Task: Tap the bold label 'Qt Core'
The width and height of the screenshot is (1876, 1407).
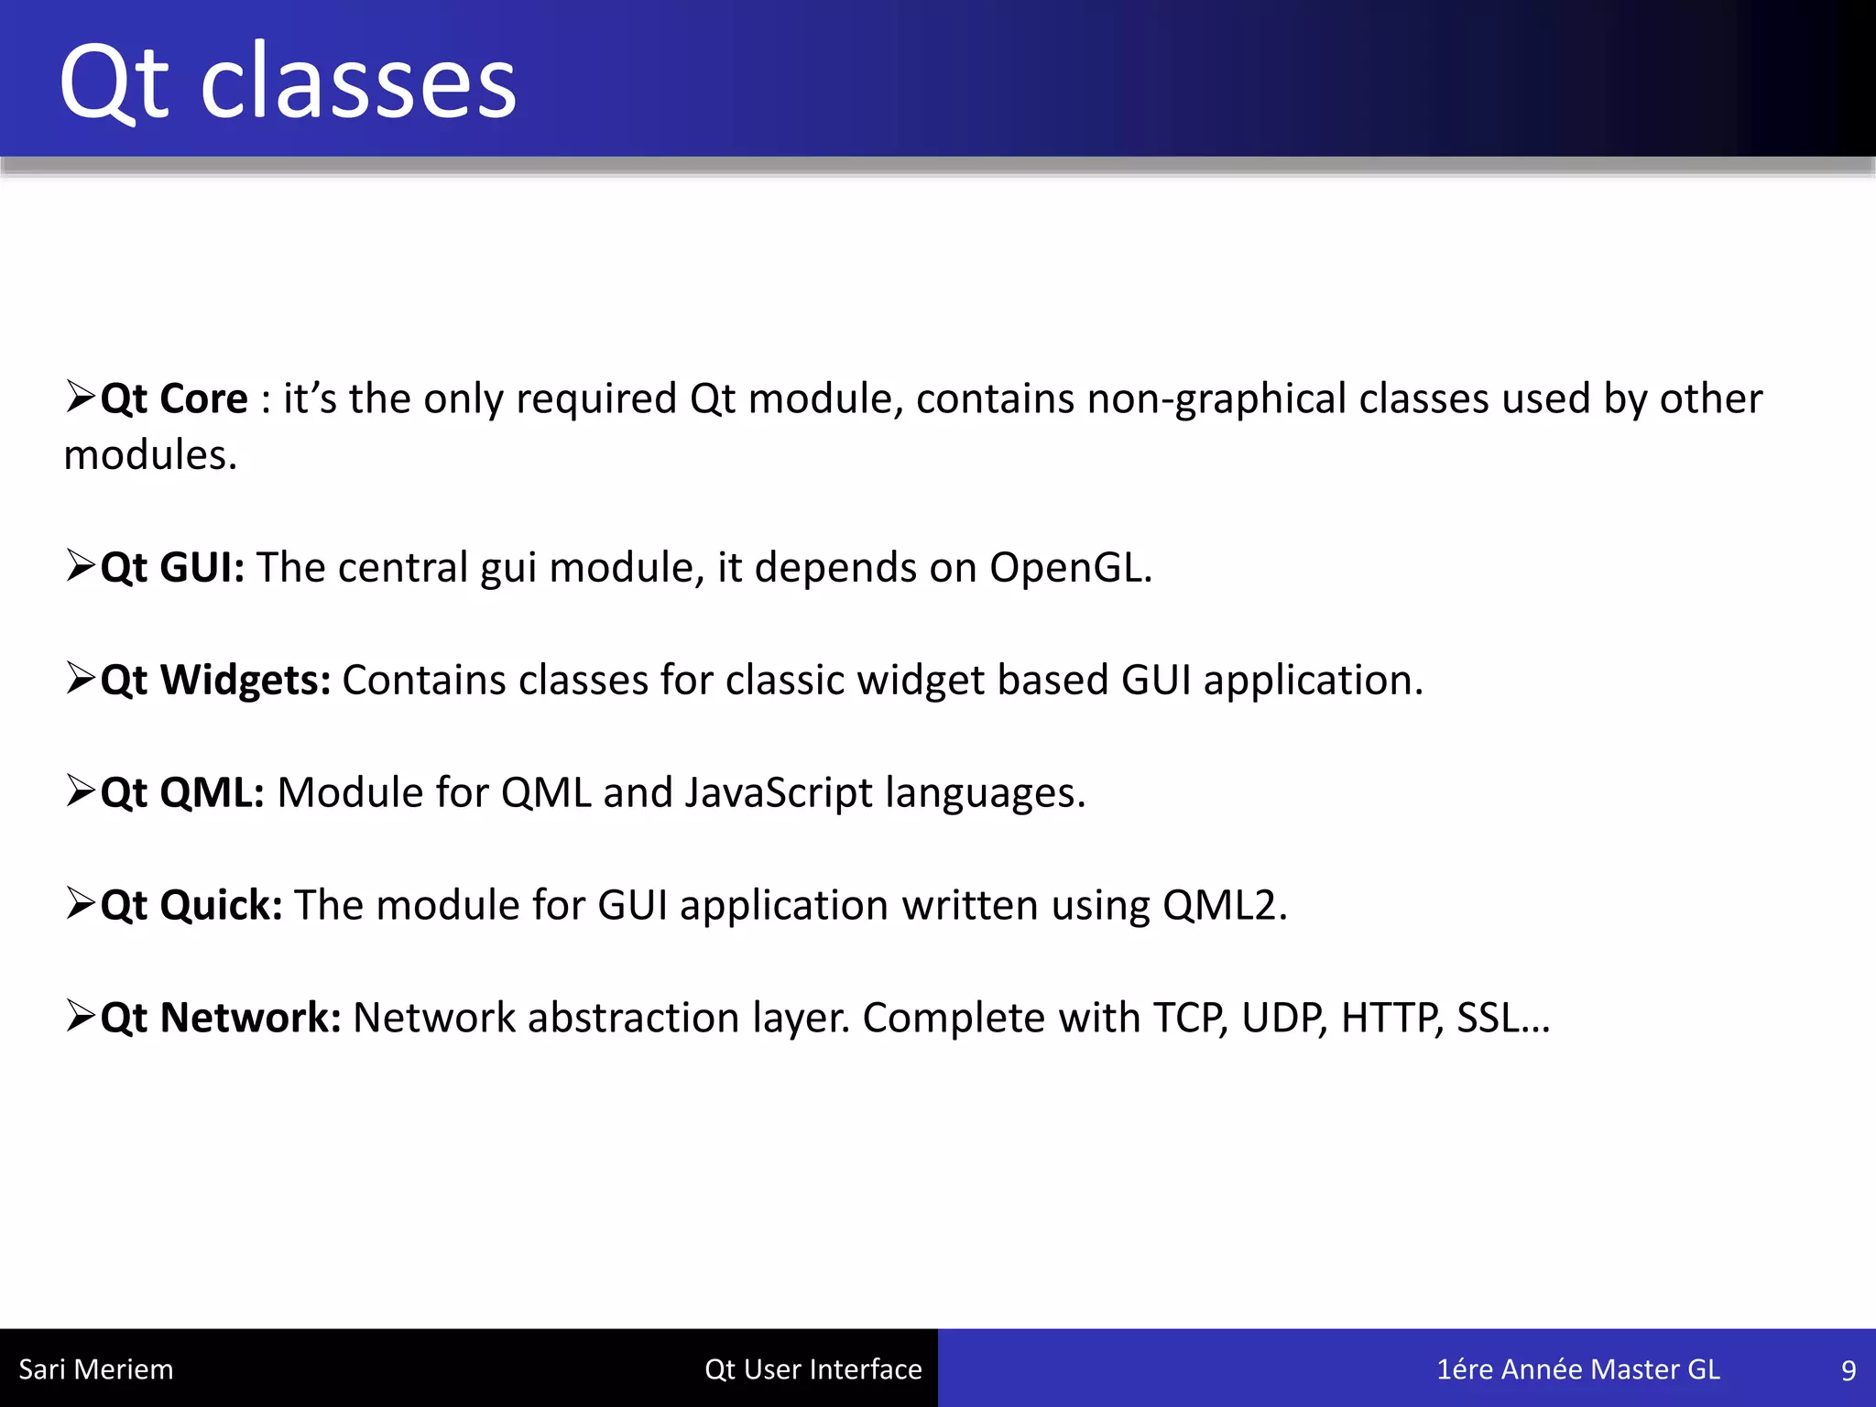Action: point(174,399)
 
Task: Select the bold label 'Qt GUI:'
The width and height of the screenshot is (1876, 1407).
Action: point(172,568)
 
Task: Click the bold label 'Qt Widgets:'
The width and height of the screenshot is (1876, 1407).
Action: point(215,681)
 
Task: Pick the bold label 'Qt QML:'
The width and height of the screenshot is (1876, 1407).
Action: point(182,793)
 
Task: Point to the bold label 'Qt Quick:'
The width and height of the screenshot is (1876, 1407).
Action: point(191,906)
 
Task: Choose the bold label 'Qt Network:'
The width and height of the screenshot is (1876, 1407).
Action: point(221,1019)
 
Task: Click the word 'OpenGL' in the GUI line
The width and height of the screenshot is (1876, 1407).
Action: point(1069,568)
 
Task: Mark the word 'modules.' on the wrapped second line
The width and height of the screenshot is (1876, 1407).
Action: point(150,456)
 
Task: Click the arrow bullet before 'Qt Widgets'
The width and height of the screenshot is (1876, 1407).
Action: point(81,679)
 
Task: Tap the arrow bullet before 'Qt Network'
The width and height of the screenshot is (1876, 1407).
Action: point(81,1017)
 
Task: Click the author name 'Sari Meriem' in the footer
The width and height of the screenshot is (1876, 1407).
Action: point(95,1369)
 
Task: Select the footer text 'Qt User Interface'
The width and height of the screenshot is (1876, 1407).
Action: point(813,1369)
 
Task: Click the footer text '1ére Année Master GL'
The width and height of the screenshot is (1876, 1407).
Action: point(1577,1369)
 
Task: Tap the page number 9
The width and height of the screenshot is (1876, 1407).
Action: point(1848,1370)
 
